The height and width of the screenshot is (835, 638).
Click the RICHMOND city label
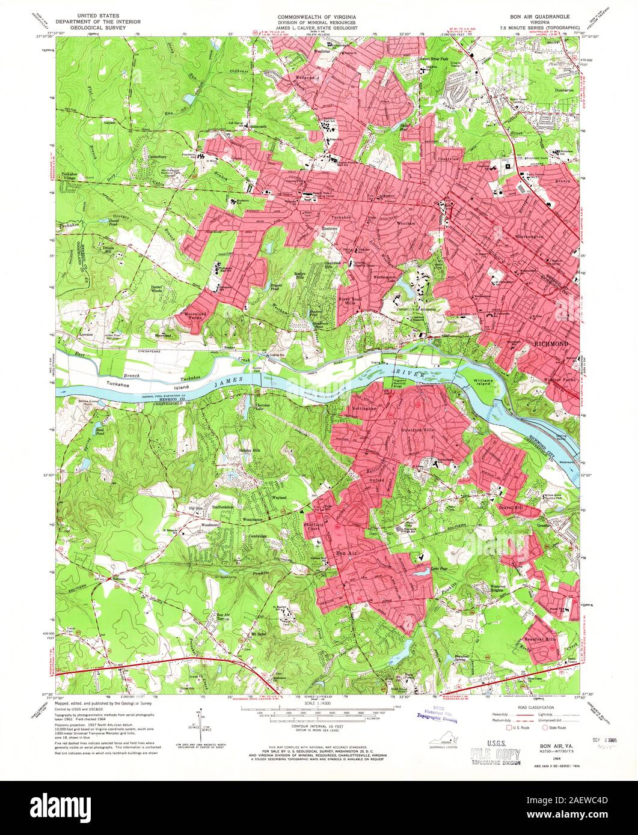click(550, 343)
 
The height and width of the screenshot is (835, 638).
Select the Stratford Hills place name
click(419, 431)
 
